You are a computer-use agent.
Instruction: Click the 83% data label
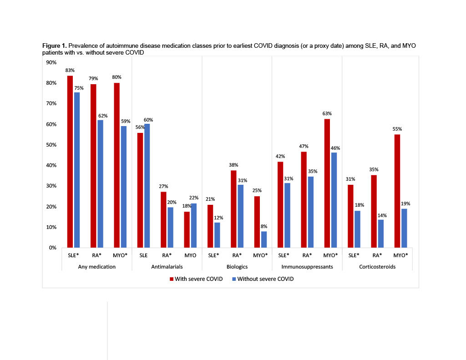[70, 71]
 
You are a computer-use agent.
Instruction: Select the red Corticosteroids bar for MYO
[397, 191]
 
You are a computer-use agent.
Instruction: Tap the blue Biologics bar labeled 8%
[264, 239]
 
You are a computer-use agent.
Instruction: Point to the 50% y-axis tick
[50, 145]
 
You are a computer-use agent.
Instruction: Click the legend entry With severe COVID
[196, 279]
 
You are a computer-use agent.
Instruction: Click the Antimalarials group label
[167, 267]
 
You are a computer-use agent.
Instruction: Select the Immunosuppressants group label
[307, 267]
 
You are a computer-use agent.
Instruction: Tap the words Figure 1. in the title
[55, 46]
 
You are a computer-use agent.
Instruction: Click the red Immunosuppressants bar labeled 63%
[327, 183]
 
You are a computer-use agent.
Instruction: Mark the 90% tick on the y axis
[50, 62]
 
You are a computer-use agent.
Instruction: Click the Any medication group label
[97, 267]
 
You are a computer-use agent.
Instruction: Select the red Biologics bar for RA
[233, 209]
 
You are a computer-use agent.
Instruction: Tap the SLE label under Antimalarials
[144, 255]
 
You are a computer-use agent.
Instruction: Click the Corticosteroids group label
[377, 267]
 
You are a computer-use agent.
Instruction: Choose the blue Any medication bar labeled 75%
[77, 170]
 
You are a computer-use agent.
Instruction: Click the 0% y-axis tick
[51, 248]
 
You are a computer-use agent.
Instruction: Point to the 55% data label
[397, 129]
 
